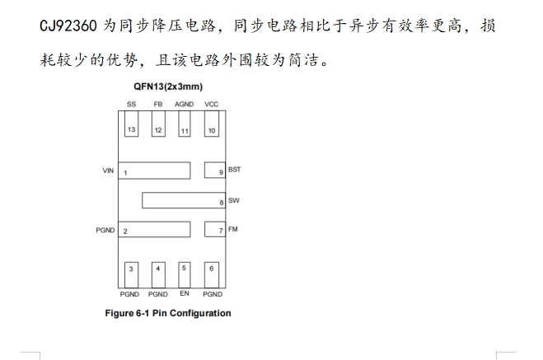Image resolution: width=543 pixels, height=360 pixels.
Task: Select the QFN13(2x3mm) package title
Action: point(168,86)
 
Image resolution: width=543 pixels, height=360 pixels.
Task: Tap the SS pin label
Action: point(131,105)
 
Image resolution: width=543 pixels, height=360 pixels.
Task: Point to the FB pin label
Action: point(157,105)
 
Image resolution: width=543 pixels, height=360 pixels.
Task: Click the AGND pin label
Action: point(185,105)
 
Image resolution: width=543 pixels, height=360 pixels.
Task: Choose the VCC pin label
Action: point(211,105)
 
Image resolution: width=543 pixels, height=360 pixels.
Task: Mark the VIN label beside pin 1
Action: point(107,171)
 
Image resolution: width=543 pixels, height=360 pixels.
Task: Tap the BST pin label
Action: point(234,170)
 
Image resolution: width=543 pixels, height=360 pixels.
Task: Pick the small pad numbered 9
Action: point(214,171)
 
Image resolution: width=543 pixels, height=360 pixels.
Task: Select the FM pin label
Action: point(232,229)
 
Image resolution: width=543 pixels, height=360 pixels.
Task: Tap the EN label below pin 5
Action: point(185,293)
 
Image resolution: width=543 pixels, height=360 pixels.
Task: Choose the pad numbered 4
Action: point(157,269)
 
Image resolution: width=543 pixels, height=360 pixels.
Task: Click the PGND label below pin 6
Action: point(212,294)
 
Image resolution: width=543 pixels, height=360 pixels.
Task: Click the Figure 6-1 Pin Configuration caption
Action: point(168,313)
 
